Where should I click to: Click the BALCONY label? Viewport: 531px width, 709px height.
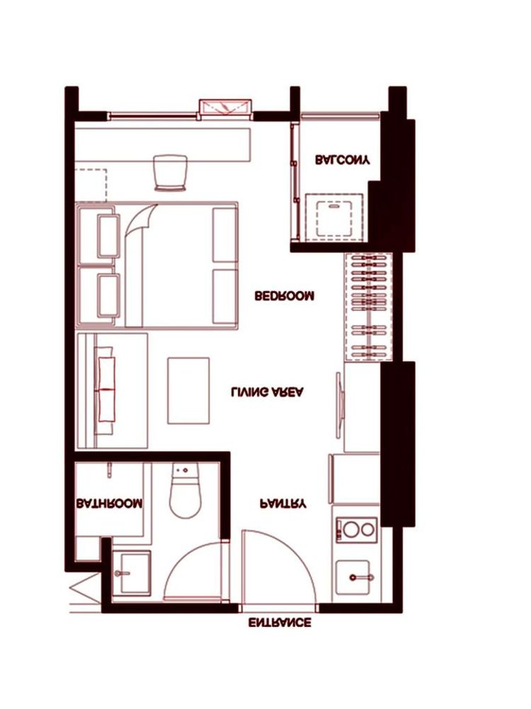(343, 160)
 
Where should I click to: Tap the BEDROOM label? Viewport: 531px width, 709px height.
(284, 296)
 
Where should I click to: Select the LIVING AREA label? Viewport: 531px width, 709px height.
(268, 392)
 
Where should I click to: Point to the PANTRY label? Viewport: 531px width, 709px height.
(283, 504)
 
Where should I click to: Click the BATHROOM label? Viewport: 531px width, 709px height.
(109, 504)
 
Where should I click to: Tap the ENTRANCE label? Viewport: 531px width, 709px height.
(280, 623)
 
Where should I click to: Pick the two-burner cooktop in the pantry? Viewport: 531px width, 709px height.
(357, 530)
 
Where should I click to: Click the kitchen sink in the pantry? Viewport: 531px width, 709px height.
(354, 577)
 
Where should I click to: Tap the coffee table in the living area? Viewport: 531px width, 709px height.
(188, 391)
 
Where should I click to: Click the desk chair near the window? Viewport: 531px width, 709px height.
(171, 173)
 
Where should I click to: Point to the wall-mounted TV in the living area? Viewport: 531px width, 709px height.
(339, 405)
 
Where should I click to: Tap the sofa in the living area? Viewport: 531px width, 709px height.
(113, 391)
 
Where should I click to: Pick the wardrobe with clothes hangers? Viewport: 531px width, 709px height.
(368, 307)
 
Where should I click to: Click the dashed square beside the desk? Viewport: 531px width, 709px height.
(91, 186)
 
